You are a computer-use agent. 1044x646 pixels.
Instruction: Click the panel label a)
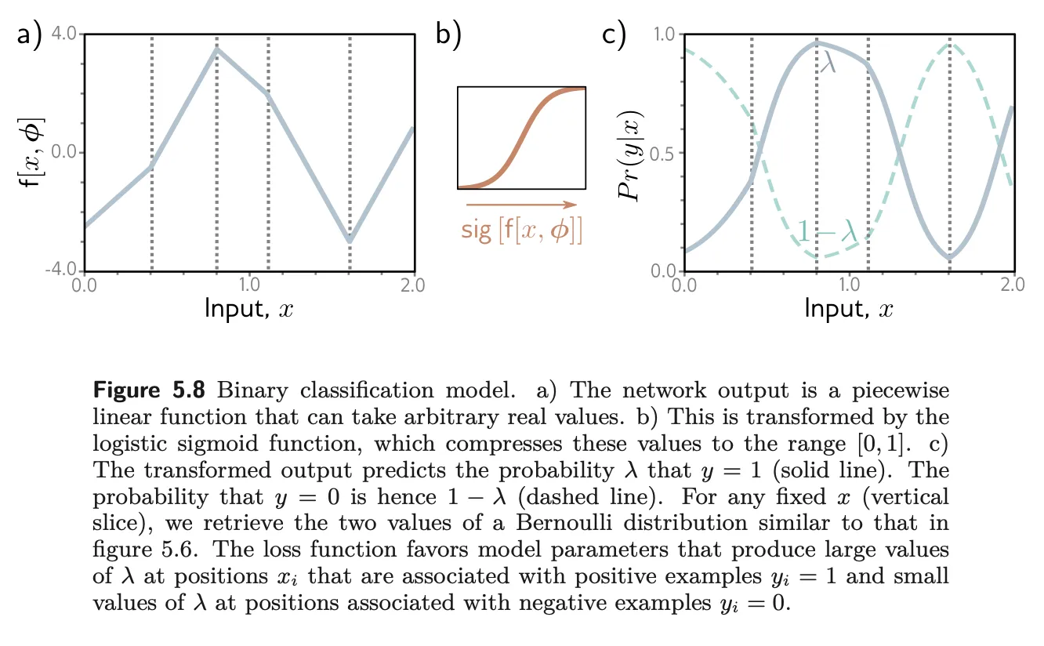(30, 36)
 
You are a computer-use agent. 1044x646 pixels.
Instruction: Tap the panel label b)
(448, 36)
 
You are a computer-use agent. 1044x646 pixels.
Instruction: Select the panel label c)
(613, 36)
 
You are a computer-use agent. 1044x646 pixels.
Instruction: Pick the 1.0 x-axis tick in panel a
(249, 285)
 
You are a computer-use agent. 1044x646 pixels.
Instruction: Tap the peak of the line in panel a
(216, 49)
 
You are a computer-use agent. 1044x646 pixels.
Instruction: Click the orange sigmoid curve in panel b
(520, 141)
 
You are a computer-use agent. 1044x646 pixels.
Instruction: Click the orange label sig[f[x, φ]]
(520, 231)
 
